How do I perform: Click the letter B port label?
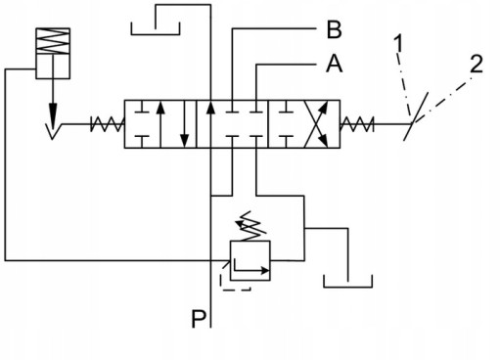[x=334, y=29]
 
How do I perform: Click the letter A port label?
[x=335, y=64]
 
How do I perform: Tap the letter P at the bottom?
[x=199, y=319]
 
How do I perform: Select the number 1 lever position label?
[x=398, y=43]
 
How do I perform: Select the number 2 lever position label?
[x=477, y=64]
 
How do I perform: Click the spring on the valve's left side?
[x=107, y=124]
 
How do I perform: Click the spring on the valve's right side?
[x=356, y=124]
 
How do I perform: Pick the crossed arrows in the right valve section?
[x=316, y=124]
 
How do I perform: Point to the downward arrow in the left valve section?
[x=185, y=124]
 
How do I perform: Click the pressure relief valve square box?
[x=250, y=260]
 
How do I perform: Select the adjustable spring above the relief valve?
[x=251, y=226]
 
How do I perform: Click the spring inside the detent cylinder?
[x=53, y=41]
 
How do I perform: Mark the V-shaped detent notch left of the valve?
[x=52, y=131]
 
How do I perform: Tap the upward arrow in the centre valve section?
[x=211, y=124]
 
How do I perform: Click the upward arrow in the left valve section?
[x=159, y=124]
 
